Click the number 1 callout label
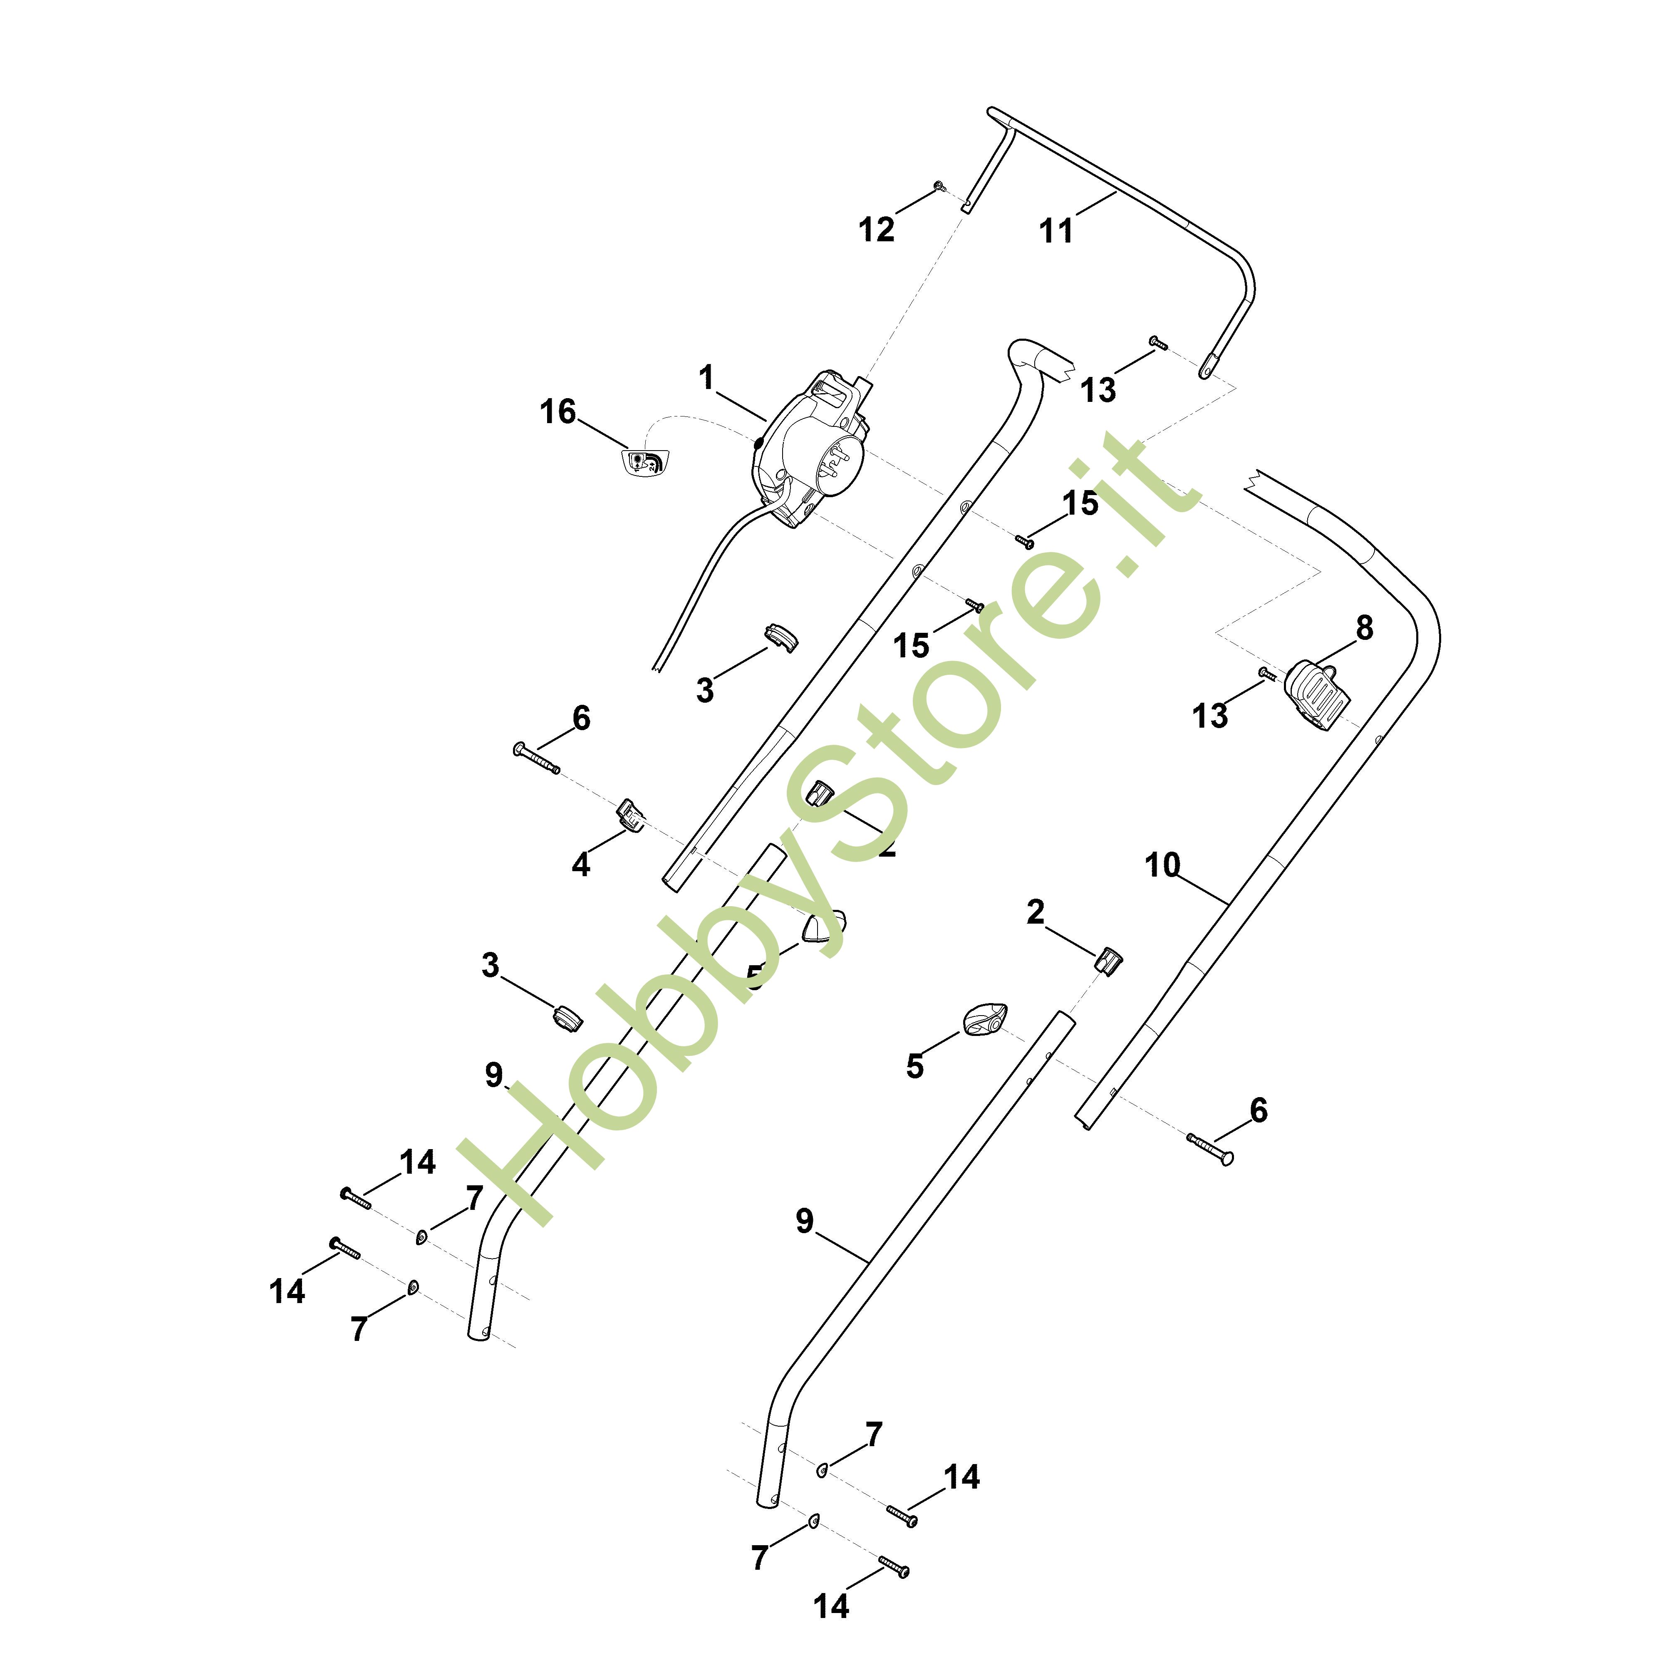point(706,378)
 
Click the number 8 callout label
point(1364,628)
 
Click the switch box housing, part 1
point(806,451)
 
